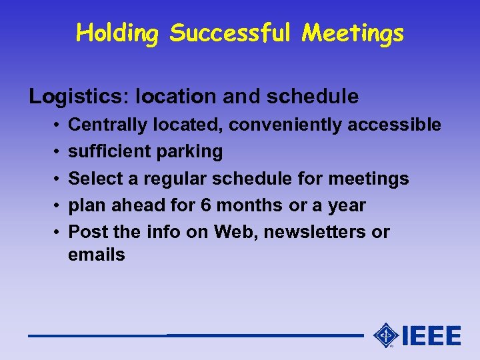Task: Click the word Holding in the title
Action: [x=117, y=33]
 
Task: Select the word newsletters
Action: [x=314, y=232]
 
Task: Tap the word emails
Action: [x=97, y=255]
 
